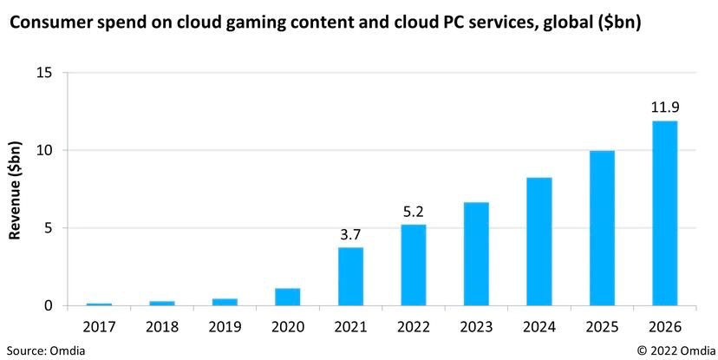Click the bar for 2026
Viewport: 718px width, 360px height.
coord(664,213)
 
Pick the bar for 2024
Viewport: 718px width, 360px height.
coord(538,242)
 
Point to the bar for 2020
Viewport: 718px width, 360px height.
coord(287,297)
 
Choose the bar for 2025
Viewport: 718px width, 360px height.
coord(602,228)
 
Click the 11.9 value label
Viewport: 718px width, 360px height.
coord(664,108)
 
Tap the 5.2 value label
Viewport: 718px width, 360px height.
coord(413,212)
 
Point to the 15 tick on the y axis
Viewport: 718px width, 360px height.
coord(45,73)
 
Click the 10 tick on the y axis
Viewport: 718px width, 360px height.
coord(45,150)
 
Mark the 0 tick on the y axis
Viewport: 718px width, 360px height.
coord(49,306)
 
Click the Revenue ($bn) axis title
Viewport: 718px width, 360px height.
coord(15,190)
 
